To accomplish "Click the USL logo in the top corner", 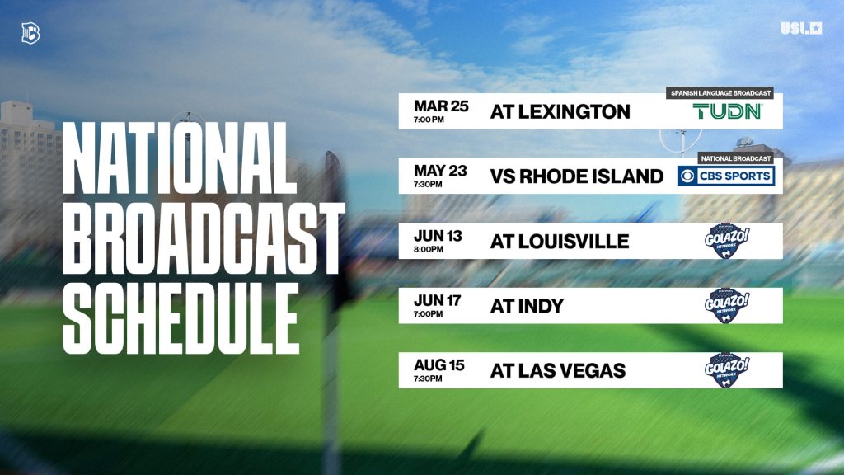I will tap(801, 29).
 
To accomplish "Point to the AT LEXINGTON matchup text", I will tap(560, 112).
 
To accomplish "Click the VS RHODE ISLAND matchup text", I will tap(577, 176).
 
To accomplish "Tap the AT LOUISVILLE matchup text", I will tap(560, 242).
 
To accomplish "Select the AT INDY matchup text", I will tap(527, 306).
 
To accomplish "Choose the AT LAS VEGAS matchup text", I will tap(558, 371).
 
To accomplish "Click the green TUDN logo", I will tap(727, 111).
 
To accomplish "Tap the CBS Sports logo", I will tap(725, 176).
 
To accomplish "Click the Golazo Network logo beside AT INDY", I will tap(725, 306).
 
